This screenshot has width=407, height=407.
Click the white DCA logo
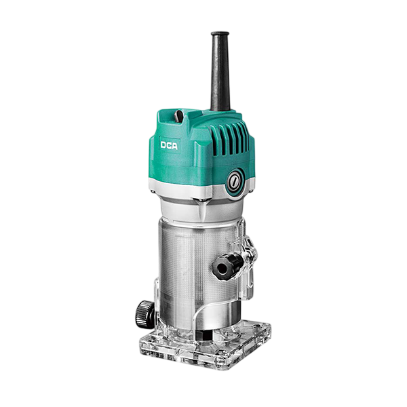(x=169, y=146)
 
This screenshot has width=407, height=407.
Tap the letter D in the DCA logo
(x=163, y=145)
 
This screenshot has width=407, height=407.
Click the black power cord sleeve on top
(x=220, y=71)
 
